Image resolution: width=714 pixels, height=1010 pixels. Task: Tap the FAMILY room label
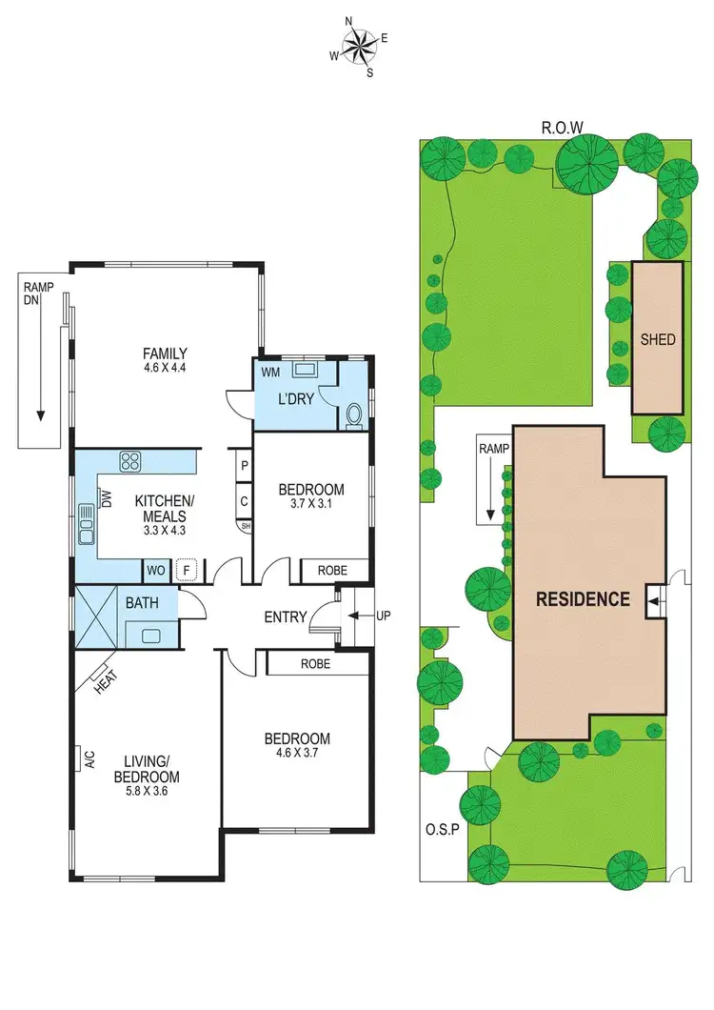point(166,352)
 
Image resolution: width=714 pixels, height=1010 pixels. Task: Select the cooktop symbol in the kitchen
point(130,462)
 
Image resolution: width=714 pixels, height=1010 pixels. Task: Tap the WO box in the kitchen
point(156,571)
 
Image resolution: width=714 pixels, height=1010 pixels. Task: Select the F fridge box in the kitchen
point(187,571)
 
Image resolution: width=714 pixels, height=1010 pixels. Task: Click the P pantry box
point(244,467)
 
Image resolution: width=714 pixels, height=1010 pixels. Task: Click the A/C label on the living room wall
point(89,758)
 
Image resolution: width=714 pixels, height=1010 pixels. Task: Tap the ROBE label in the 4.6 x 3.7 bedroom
point(315,663)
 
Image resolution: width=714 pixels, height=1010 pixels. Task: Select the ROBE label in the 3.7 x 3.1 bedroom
point(331,571)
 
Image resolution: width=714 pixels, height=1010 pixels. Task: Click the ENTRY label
point(286,617)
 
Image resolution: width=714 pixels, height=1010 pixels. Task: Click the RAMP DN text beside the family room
point(40,292)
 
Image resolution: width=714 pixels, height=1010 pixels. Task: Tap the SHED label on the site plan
point(658,338)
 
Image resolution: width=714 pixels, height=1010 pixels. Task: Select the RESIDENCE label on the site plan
point(583,599)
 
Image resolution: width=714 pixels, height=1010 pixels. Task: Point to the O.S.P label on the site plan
point(444,828)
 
